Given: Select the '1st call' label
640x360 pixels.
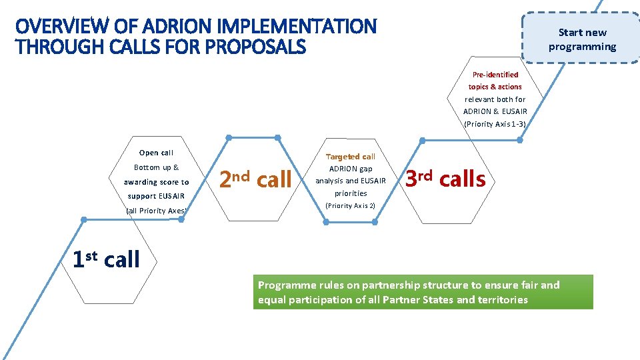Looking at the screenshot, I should click(106, 259).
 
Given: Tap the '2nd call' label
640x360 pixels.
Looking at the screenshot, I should click(255, 179).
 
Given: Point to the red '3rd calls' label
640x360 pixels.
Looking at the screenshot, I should click(446, 178).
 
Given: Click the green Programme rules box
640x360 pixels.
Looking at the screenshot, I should click(423, 292).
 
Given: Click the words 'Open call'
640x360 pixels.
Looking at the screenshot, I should click(156, 153).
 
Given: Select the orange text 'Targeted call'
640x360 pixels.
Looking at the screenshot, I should click(351, 157).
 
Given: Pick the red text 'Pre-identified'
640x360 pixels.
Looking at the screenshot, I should click(495, 75).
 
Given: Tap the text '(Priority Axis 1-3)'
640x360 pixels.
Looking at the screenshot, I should click(495, 123).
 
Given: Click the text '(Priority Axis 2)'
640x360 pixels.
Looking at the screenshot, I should click(350, 205).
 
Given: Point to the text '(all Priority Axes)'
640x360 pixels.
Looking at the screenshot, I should click(156, 211).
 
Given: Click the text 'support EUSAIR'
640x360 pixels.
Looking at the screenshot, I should click(156, 196).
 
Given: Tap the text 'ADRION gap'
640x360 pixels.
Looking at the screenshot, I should click(350, 169).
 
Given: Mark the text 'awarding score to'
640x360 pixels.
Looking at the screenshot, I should click(156, 182).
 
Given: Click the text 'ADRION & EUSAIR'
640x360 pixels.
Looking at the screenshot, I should click(495, 111).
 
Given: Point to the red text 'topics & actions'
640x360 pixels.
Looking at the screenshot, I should click(495, 87).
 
